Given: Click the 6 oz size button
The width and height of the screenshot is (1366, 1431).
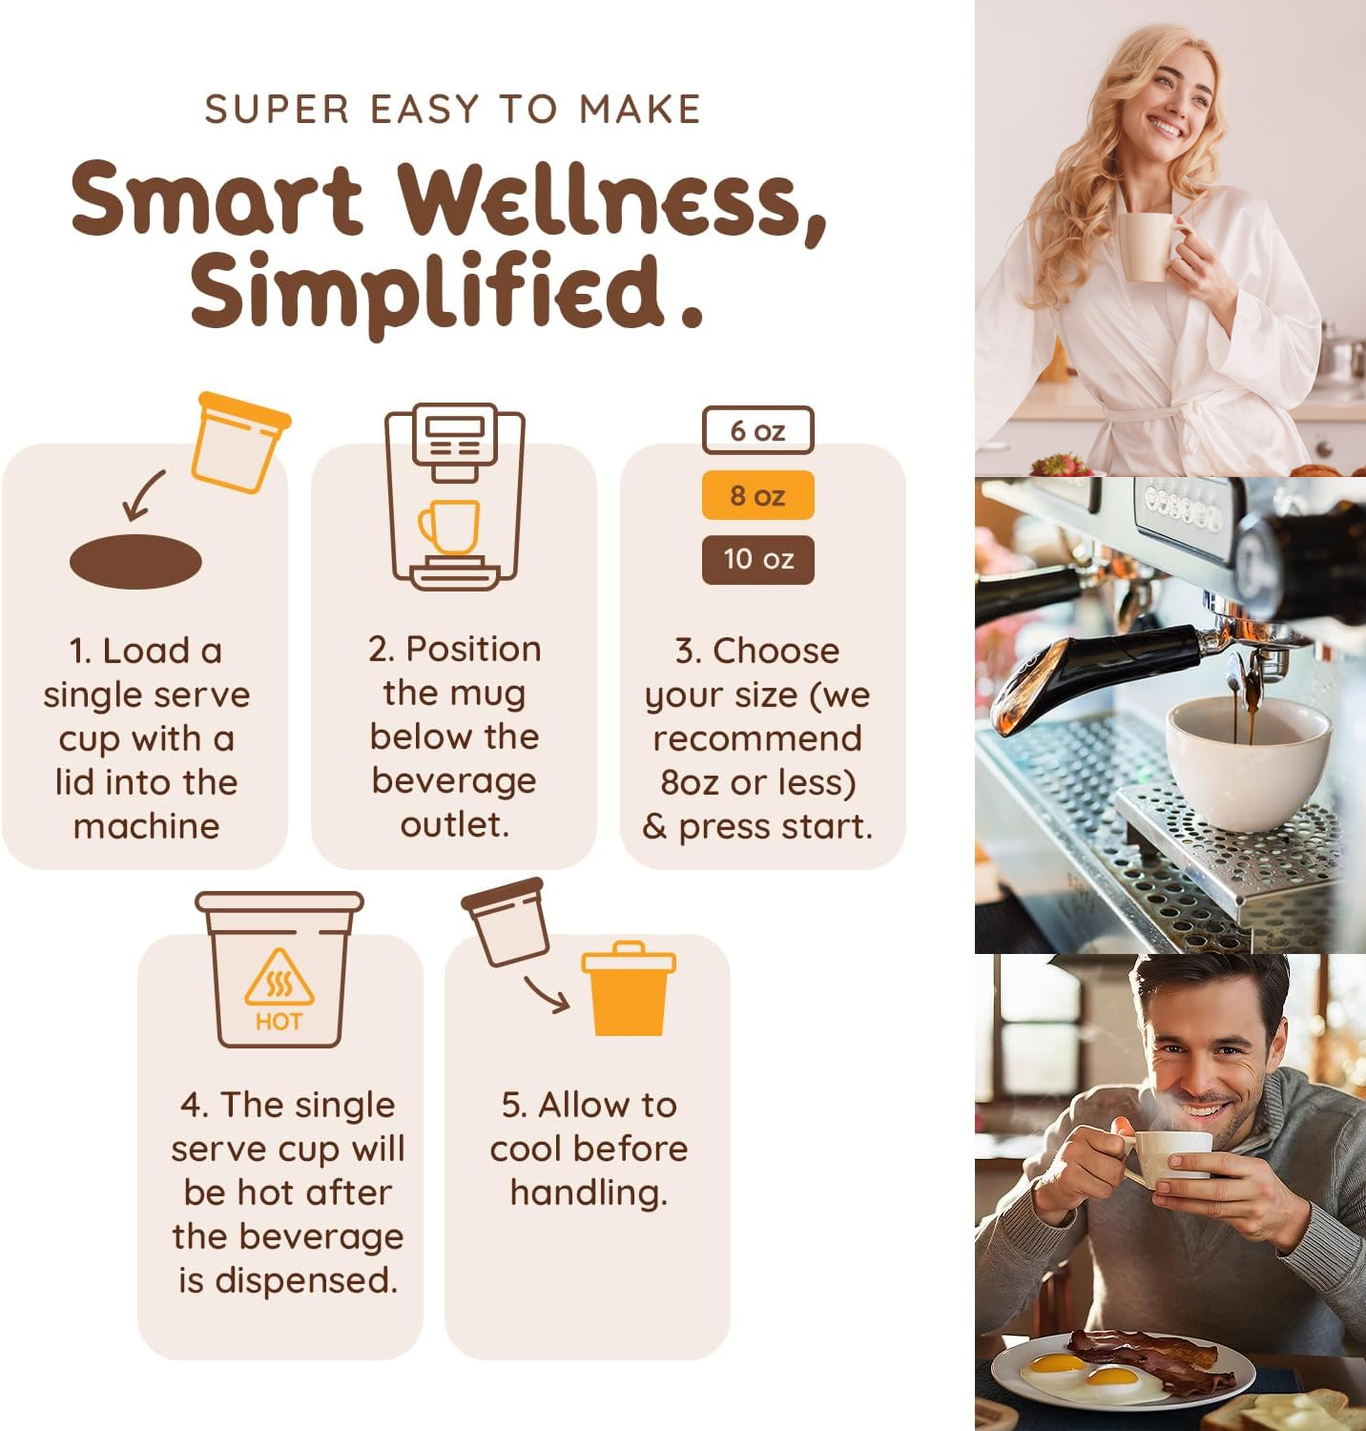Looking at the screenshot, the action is click(x=758, y=430).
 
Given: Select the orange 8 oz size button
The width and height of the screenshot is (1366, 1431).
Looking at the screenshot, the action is click(x=758, y=495).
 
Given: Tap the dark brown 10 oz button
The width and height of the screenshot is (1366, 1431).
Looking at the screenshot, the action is click(x=758, y=559).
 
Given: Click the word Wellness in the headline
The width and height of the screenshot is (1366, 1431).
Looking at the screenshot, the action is click(x=611, y=199).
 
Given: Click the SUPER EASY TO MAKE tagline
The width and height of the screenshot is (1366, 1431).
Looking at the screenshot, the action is click(x=453, y=109).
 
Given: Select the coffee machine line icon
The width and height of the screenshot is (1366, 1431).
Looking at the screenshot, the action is click(x=455, y=496).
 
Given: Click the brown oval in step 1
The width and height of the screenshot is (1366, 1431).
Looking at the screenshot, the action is click(x=135, y=561).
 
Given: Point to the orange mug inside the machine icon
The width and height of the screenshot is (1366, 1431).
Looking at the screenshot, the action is click(x=448, y=527).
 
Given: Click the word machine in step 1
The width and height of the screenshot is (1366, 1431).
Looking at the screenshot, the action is click(x=146, y=826).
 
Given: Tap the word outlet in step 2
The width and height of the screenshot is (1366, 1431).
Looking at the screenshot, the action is click(x=454, y=824).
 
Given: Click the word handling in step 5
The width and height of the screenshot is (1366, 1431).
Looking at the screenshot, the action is click(x=589, y=1192).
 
